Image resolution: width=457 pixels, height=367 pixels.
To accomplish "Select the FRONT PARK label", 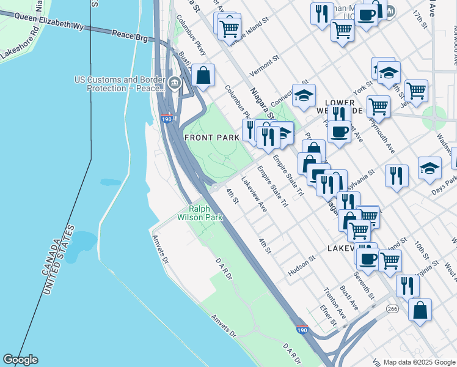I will [211, 138].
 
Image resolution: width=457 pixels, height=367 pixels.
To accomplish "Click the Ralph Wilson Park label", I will [200, 212].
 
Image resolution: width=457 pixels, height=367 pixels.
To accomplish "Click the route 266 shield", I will [392, 310].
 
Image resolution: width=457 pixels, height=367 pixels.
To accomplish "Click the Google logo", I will [20, 360].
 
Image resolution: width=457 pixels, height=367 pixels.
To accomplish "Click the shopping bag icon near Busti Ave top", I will [203, 76].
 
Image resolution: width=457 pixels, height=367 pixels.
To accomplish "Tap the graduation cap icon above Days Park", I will [430, 168].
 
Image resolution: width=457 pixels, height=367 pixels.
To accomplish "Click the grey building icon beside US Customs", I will [175, 84].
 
